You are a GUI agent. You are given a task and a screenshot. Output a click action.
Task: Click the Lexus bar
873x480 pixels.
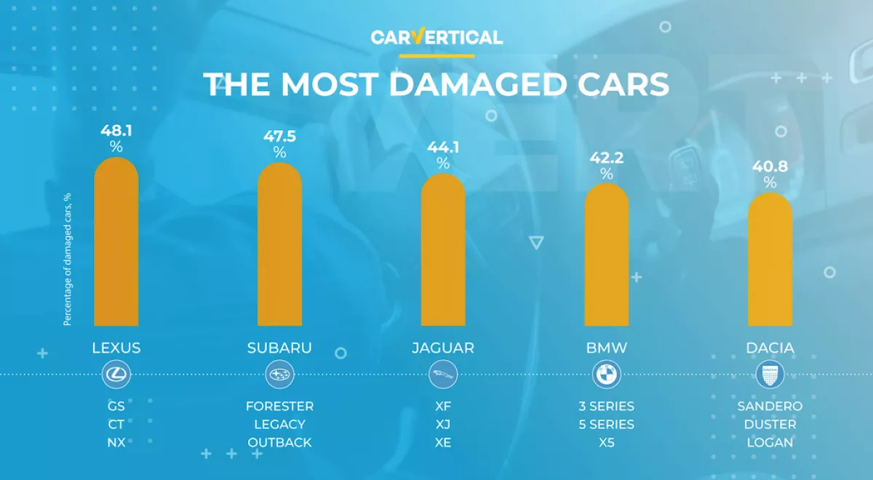pos(116,244)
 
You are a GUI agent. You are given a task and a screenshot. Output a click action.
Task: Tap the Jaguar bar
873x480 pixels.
pos(443,251)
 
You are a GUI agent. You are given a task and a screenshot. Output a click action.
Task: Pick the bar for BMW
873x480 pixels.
pos(607,256)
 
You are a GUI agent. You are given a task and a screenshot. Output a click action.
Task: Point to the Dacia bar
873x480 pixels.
pos(770,260)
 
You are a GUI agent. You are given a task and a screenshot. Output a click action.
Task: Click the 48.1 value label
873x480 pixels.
pos(116,131)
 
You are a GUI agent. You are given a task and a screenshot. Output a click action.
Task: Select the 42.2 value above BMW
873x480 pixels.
pos(607,158)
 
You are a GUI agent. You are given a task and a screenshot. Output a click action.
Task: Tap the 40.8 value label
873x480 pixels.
pos(770,167)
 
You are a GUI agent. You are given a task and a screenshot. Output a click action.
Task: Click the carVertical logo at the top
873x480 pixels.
pos(436,38)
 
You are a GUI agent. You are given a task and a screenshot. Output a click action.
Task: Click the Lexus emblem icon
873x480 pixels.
pos(116,375)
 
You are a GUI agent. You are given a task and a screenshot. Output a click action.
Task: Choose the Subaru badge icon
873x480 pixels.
pos(279,375)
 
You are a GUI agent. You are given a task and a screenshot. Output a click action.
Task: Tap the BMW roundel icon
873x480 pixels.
pos(607,375)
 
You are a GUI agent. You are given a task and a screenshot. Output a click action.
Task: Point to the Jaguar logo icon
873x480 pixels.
pos(443,375)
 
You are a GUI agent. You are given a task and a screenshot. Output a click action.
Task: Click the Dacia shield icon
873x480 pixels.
pos(770,375)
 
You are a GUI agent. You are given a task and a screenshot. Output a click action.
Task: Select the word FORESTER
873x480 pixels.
pos(279,406)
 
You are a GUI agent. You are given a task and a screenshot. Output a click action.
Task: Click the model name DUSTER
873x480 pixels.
pos(770,424)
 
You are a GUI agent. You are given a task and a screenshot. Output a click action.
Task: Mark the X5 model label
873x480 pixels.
pos(607,442)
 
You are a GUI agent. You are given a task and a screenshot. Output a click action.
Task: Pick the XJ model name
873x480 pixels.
pos(443,424)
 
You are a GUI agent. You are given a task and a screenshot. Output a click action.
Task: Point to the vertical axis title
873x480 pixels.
pos(67,258)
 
